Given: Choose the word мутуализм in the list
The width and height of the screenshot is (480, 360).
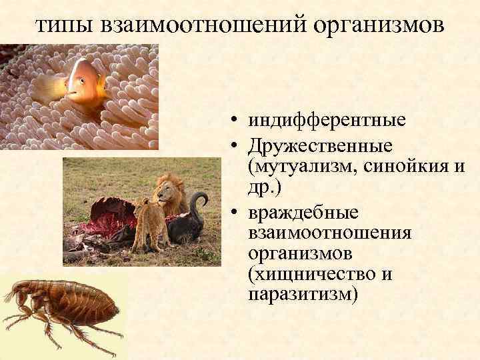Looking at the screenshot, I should (x=303, y=166).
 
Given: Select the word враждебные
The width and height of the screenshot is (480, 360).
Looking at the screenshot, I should (x=303, y=213).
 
